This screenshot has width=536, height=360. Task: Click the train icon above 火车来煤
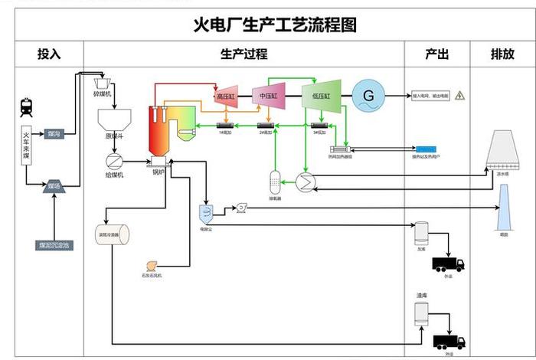[26, 107]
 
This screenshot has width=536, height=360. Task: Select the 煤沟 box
[54, 133]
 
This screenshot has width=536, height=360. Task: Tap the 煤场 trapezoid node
[54, 186]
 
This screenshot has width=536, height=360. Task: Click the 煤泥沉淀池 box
[54, 246]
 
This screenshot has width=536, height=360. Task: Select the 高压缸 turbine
[226, 95]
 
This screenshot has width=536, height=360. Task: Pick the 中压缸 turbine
[269, 95]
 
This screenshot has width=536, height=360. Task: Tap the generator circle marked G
[368, 96]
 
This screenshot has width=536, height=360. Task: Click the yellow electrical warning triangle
[459, 96]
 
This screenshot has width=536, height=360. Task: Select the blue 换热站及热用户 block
[425, 147]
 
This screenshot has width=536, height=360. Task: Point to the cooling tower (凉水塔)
[503, 149]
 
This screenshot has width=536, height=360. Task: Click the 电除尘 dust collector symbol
[206, 211]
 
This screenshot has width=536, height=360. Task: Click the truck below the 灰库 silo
[447, 264]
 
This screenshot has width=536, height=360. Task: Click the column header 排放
[502, 54]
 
